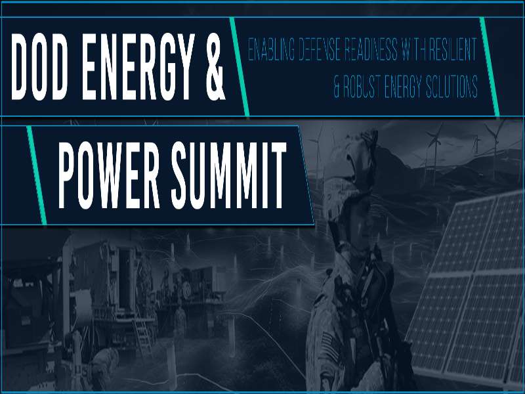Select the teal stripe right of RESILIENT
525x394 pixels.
click(489, 62)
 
